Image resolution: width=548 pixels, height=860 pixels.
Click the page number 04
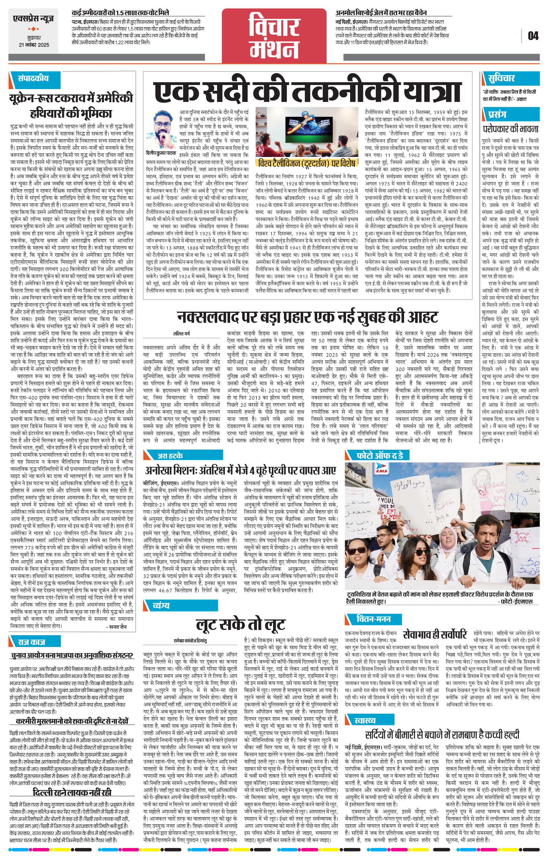(533, 36)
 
